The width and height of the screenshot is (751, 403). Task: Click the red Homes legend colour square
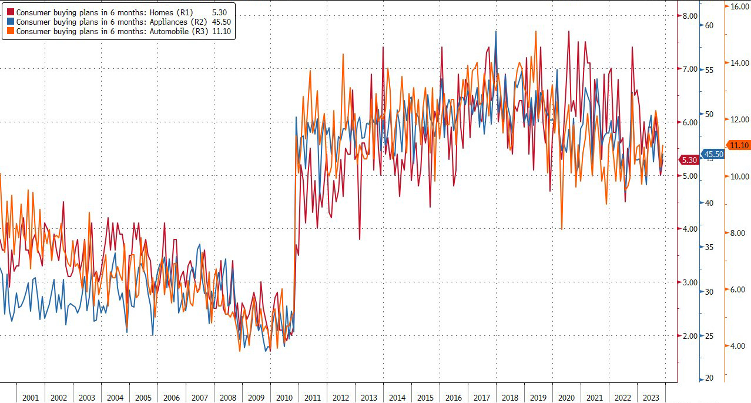(11, 12)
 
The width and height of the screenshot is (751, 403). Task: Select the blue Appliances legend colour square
(11, 22)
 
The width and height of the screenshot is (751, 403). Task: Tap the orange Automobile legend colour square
(11, 31)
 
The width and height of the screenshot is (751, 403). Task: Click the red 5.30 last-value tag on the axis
(689, 159)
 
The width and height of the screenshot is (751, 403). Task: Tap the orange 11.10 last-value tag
(738, 145)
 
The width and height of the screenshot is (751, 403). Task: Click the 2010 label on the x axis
(284, 398)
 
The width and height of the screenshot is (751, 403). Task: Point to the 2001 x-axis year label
(30, 398)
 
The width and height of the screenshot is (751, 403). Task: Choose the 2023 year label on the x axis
(651, 398)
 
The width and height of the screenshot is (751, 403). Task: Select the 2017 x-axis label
(481, 398)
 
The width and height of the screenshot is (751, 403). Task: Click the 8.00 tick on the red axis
(689, 16)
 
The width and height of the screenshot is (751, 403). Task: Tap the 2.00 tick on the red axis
(689, 336)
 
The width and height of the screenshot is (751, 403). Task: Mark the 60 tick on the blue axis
(709, 25)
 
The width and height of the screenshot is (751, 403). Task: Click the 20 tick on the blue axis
(709, 378)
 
